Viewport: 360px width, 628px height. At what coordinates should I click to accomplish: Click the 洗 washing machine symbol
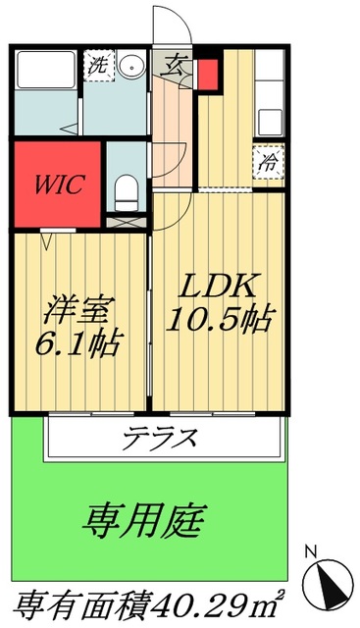point(97,67)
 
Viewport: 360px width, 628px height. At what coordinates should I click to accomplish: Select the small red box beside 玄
point(208,74)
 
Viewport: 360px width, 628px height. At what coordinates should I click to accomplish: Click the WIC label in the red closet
point(56,183)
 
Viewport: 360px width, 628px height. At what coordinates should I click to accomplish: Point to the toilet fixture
point(125,188)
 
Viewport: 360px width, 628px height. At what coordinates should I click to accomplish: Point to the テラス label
point(163,437)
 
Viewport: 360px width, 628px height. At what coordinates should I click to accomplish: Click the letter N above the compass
point(312,550)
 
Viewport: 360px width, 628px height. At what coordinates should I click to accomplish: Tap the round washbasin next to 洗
point(132,67)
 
